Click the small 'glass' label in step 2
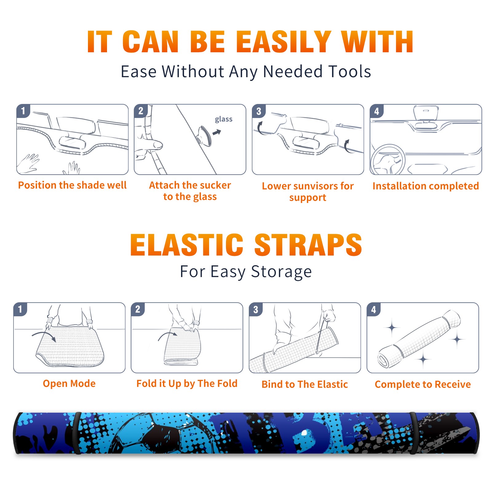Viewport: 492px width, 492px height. point(224,119)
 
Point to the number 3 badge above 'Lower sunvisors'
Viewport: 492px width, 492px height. point(259,111)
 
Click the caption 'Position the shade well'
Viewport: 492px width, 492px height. point(72,185)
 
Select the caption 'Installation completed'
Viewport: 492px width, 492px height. point(426,186)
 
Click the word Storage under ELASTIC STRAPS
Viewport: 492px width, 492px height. point(281,272)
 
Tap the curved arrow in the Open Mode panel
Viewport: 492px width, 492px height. point(44,336)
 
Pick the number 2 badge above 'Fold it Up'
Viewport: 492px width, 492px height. point(138,309)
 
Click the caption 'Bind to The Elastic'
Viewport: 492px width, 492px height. point(305,384)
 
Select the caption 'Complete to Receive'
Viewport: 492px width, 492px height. point(423,384)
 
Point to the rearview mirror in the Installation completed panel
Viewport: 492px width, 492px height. point(426,113)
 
